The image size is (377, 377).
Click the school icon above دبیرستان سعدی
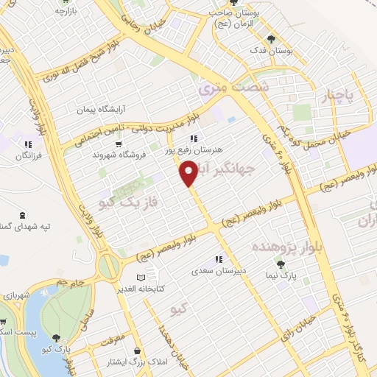pyautogui.click(x=218, y=259)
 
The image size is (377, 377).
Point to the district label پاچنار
pyautogui.click(x=339, y=95)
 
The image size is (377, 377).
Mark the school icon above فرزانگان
pyautogui.click(x=28, y=144)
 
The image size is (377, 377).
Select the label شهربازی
pyautogui.click(x=17, y=294)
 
